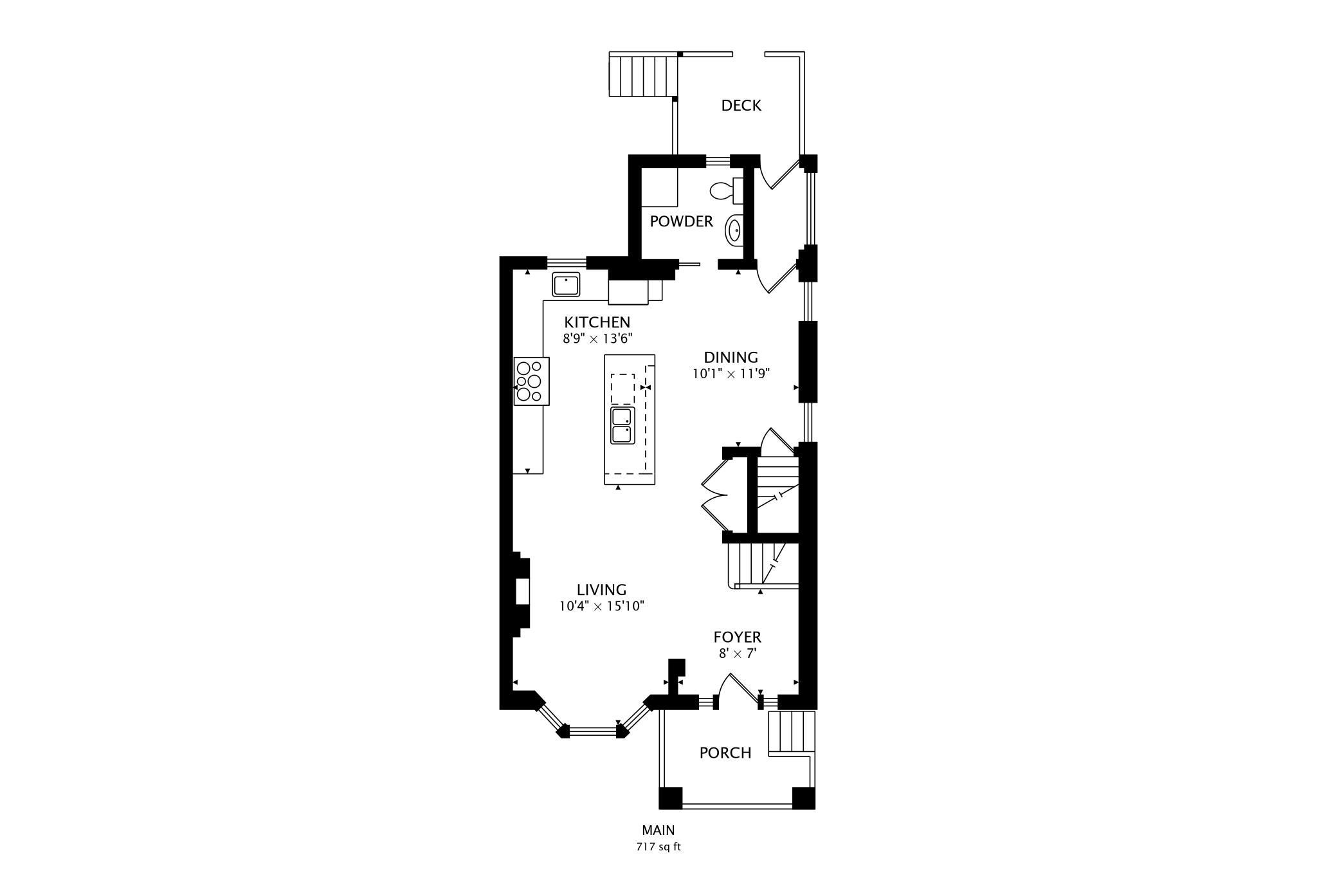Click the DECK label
click(x=741, y=105)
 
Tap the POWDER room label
click(x=681, y=221)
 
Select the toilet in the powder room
click(x=726, y=190)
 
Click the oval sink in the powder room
click(x=734, y=230)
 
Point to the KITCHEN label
click(x=597, y=322)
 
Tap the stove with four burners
click(x=532, y=381)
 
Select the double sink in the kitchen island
click(x=622, y=425)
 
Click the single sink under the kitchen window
click(x=566, y=284)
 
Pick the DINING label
click(x=731, y=358)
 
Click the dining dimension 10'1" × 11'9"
click(x=731, y=373)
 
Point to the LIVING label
click(x=601, y=590)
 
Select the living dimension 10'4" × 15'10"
click(x=602, y=606)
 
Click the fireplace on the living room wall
click(x=521, y=594)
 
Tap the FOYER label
click(x=737, y=637)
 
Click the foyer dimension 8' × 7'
click(x=738, y=654)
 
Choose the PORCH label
click(x=725, y=753)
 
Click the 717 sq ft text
click(x=658, y=848)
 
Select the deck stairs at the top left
click(x=643, y=75)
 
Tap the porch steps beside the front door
click(x=792, y=732)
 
